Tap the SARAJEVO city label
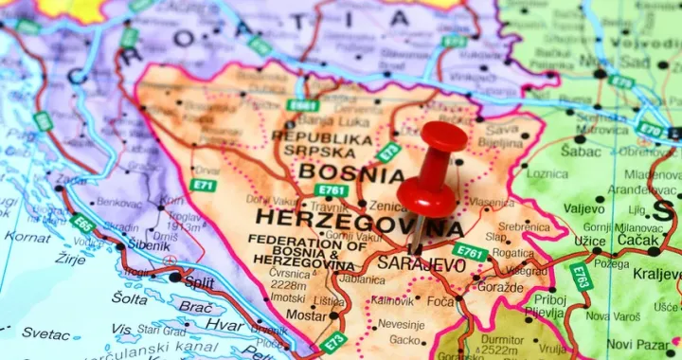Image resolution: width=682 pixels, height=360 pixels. coord(422,264)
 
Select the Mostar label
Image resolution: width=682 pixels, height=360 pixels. coord(305,315)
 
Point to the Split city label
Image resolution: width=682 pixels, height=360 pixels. coord(199,282)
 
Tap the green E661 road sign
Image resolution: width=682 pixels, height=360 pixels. coord(303,105)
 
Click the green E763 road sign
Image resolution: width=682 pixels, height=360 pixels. coord(581,277)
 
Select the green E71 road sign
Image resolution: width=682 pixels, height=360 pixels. coord(202,185)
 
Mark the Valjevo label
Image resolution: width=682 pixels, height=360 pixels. coord(584,208)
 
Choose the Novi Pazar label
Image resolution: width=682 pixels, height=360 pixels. coord(637,344)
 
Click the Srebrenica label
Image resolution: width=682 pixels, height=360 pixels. coord(524,226)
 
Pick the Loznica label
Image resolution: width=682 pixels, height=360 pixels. coord(547,174)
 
